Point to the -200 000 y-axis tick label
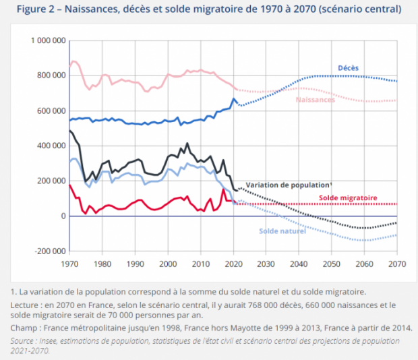[48, 251]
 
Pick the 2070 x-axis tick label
[396, 265]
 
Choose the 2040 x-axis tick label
[298, 265]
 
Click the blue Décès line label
[347, 68]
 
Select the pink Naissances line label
[315, 100]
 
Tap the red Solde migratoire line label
[348, 198]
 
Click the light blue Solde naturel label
[282, 231]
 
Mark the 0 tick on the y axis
[62, 216]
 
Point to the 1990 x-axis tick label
[135, 265]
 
